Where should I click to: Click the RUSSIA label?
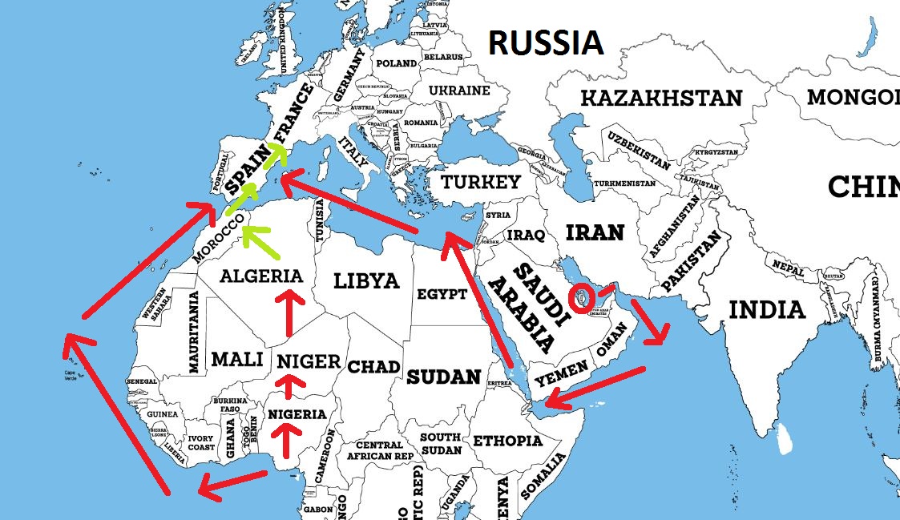(x=546, y=42)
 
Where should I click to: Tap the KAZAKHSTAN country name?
(x=661, y=99)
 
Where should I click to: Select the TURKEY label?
(x=481, y=183)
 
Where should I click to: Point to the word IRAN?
(x=595, y=232)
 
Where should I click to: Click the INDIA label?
(x=767, y=309)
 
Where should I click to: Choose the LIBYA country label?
(x=366, y=281)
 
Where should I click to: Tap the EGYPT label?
(x=442, y=294)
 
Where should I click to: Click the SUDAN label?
(x=443, y=377)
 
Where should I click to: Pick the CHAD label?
(x=373, y=367)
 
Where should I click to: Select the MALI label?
(x=237, y=360)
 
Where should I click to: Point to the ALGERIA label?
(x=261, y=276)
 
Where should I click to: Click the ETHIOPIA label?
(x=507, y=441)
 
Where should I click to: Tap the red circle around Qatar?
(x=582, y=296)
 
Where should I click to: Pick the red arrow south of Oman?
(x=594, y=387)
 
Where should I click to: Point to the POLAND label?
(x=396, y=63)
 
